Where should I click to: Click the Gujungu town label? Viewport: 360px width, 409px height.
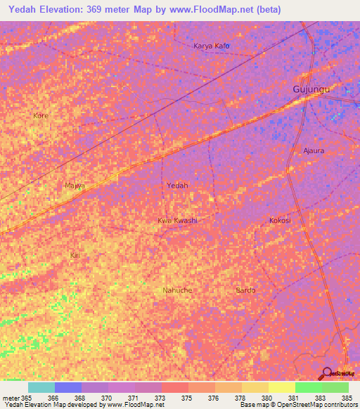pyautogui.click(x=311, y=91)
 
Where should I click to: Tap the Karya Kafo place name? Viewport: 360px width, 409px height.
pyautogui.click(x=212, y=46)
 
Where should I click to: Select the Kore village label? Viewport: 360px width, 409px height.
pyautogui.click(x=41, y=115)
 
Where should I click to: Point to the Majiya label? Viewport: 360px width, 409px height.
pyautogui.click(x=75, y=186)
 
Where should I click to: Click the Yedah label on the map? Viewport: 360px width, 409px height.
pyautogui.click(x=177, y=186)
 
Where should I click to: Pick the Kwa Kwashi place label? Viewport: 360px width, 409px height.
pyautogui.click(x=177, y=221)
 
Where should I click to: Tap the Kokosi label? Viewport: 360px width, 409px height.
pyautogui.click(x=280, y=221)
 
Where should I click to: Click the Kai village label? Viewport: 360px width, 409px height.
pyautogui.click(x=75, y=255)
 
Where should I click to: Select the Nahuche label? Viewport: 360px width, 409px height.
pyautogui.click(x=177, y=290)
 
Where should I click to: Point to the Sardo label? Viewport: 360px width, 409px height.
pyautogui.click(x=245, y=290)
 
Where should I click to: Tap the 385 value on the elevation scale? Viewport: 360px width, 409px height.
pyautogui.click(x=346, y=398)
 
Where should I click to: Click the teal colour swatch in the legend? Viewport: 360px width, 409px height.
pyautogui.click(x=41, y=387)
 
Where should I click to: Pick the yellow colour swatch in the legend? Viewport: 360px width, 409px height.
pyautogui.click(x=281, y=387)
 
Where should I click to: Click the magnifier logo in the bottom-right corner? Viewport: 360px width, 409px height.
pyautogui.click(x=326, y=372)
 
